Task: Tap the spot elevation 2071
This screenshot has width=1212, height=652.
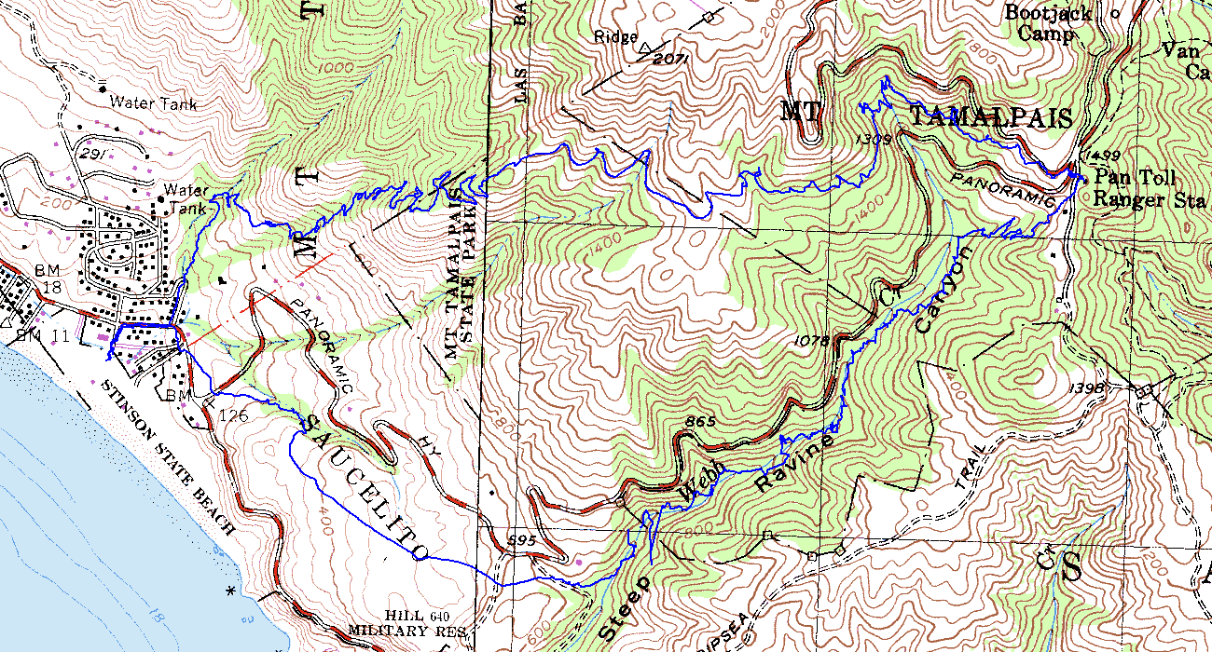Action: point(670,59)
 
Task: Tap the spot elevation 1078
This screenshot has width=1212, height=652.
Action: point(814,341)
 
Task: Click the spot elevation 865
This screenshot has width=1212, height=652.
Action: point(699,422)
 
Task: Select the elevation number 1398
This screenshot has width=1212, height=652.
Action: point(1088,387)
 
